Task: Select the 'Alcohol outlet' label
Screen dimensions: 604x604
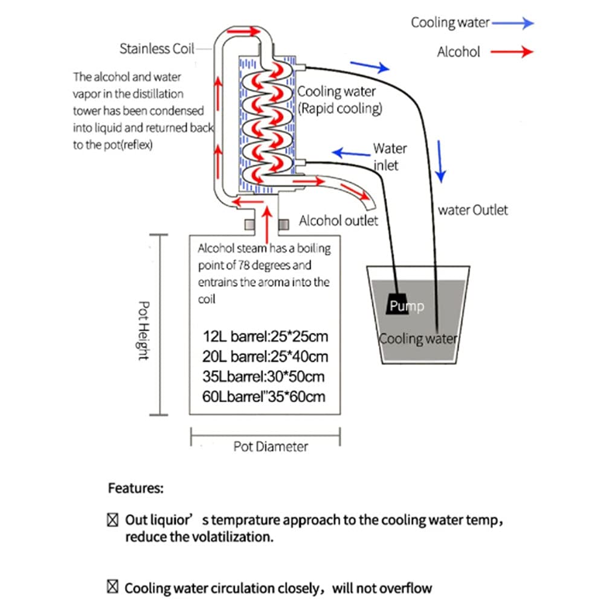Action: click(338, 220)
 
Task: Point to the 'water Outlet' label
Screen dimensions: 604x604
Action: click(473, 210)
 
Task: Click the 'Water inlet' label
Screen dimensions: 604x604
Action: click(390, 156)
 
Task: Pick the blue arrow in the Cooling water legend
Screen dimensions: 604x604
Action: click(513, 23)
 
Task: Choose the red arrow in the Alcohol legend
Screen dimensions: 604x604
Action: click(512, 53)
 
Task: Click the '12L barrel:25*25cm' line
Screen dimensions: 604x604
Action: click(267, 336)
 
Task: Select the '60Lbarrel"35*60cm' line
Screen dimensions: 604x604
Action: click(266, 397)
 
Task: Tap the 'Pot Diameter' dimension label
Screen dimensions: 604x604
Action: click(271, 447)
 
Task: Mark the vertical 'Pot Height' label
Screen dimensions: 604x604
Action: click(144, 331)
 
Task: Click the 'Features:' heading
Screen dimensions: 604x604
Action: click(135, 489)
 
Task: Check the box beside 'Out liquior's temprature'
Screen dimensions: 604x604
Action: click(112, 519)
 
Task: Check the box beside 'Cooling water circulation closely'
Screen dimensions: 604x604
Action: click(112, 588)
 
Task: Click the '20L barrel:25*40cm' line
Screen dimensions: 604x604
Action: click(267, 356)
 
